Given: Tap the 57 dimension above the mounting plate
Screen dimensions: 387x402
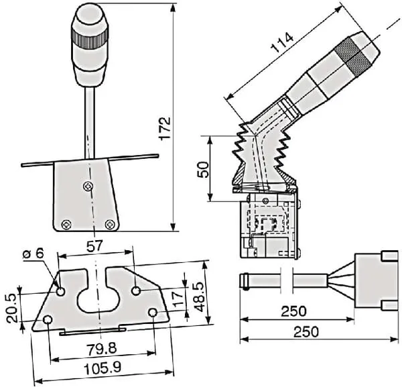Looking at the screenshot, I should pyautogui.click(x=95, y=247).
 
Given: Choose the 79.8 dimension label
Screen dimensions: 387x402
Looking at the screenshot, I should pyautogui.click(x=100, y=349).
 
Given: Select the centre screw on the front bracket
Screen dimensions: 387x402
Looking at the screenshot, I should pyautogui.click(x=86, y=186).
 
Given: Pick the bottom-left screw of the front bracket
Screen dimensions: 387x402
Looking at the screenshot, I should pyautogui.click(x=65, y=223).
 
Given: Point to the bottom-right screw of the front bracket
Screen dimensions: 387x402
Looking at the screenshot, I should pyautogui.click(x=110, y=223).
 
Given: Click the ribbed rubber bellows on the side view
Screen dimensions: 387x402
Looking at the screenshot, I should pyautogui.click(x=261, y=158).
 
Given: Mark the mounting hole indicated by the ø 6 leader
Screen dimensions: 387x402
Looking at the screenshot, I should pyautogui.click(x=61, y=292).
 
